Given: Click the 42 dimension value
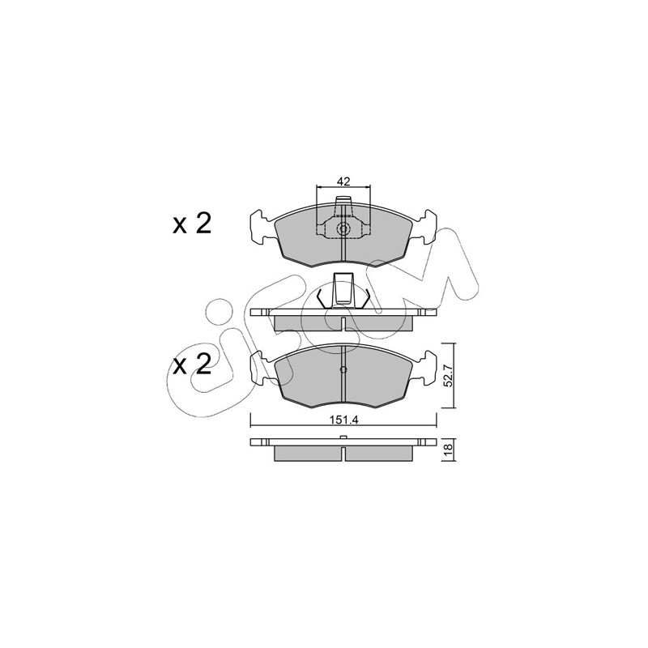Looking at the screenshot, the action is [x=343, y=181].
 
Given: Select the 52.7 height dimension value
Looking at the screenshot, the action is [x=450, y=376].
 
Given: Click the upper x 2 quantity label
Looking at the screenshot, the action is [x=192, y=224].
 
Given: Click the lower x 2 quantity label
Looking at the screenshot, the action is [x=192, y=364].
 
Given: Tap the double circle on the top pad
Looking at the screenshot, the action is [x=343, y=228].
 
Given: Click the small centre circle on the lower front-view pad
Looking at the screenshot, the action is [x=343, y=369].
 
